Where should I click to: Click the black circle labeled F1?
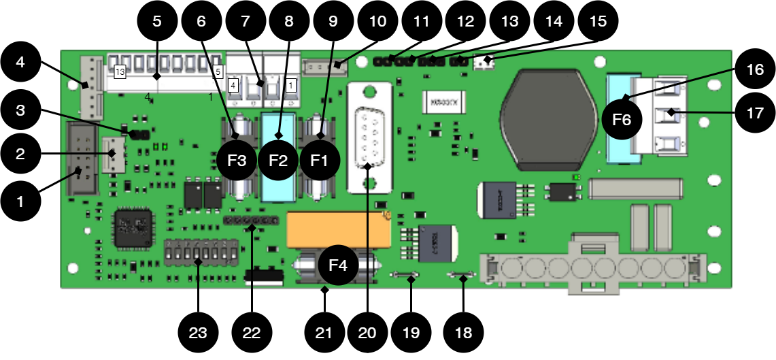[x=320, y=161]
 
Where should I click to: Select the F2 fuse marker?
[x=278, y=161]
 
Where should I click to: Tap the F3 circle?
[x=237, y=161]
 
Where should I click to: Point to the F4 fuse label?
[x=338, y=265]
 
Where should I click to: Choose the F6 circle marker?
[x=622, y=120]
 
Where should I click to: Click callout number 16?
[x=755, y=69]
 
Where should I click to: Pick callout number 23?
[x=197, y=333]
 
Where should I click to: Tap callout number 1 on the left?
[x=20, y=201]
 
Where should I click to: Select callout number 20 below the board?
[x=367, y=333]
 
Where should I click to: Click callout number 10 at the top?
[x=377, y=21]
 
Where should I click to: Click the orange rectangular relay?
[x=339, y=229]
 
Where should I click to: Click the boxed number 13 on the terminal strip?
[x=120, y=71]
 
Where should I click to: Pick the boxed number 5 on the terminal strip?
[x=218, y=71]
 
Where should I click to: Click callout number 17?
[x=755, y=114]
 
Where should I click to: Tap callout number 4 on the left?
[x=20, y=62]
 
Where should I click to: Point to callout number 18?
[x=463, y=333]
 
